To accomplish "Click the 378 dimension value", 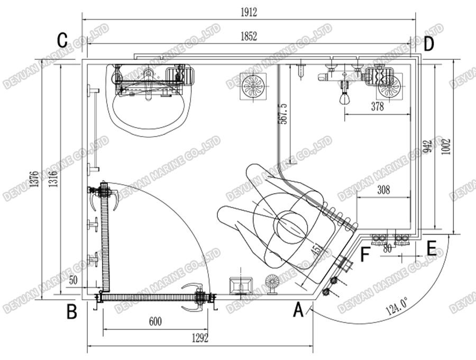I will point(377,107).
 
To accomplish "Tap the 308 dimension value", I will point(384,190).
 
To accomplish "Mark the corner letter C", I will point(63,40).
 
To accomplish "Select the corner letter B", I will point(71,312).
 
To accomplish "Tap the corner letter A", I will point(298,310).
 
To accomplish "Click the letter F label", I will point(364,255).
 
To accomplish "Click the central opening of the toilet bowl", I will point(291,224).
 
